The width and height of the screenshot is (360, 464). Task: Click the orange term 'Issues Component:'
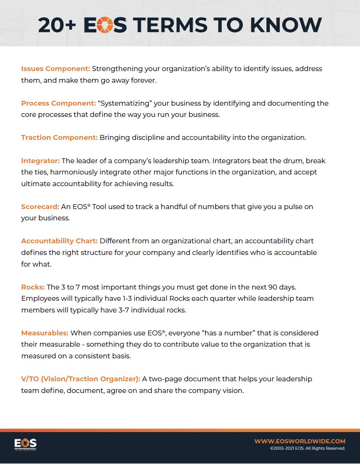(56, 69)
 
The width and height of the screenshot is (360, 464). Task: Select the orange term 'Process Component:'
(59, 103)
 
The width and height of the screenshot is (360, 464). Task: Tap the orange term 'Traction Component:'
(59, 138)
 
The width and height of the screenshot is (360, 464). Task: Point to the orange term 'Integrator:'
(40, 161)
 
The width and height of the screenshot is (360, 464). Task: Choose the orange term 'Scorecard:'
(40, 207)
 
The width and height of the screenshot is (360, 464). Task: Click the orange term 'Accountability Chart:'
(59, 241)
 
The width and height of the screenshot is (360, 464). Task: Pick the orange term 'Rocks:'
(33, 287)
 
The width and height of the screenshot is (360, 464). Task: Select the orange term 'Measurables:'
(45, 333)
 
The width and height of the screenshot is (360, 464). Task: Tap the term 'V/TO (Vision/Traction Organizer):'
(80, 379)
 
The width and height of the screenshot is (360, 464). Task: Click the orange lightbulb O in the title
(105, 25)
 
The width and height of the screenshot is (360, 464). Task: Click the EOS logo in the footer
(26, 444)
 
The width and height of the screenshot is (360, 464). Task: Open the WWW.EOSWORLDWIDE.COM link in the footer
(299, 441)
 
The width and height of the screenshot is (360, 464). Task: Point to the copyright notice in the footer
(307, 448)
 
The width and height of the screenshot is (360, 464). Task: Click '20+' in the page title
(57, 25)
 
